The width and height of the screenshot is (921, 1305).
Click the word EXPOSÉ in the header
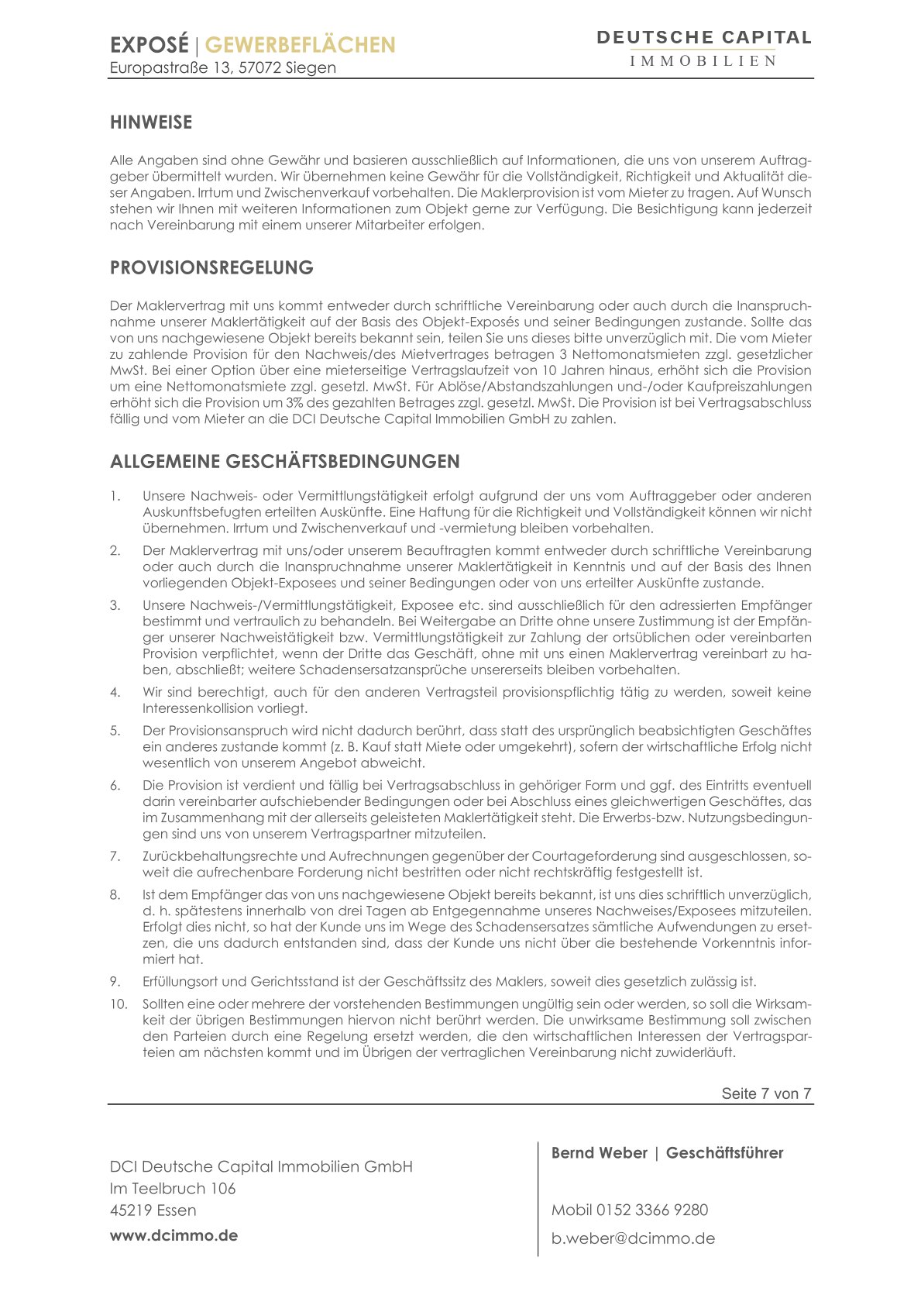coord(149,45)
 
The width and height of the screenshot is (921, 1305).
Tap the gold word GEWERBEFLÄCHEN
coord(300,45)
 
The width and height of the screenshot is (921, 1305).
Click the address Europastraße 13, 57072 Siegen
coord(223,68)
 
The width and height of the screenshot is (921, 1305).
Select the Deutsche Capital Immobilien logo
coord(703,48)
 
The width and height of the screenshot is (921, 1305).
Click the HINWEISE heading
coord(151,122)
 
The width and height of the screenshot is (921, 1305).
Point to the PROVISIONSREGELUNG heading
coord(211,268)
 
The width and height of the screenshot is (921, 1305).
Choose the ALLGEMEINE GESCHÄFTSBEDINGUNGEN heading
coord(284,462)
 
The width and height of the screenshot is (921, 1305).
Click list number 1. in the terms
coord(115,496)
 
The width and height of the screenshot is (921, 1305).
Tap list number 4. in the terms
coord(115,692)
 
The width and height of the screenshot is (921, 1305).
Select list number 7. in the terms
coord(115,856)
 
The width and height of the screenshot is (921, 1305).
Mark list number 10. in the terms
coord(118,1004)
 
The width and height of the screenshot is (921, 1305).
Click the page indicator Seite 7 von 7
coord(766,1093)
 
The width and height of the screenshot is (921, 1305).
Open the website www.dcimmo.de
coord(174,1235)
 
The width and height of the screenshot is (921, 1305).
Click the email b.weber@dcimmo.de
coord(633,1238)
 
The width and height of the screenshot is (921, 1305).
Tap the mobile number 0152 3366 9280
coord(651,1210)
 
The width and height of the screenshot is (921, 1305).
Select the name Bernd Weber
coord(599,1153)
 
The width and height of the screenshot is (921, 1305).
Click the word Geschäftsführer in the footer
coord(724,1153)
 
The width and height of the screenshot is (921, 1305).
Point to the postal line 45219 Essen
coord(153,1210)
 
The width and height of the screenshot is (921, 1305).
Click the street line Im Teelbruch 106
coord(173,1189)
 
